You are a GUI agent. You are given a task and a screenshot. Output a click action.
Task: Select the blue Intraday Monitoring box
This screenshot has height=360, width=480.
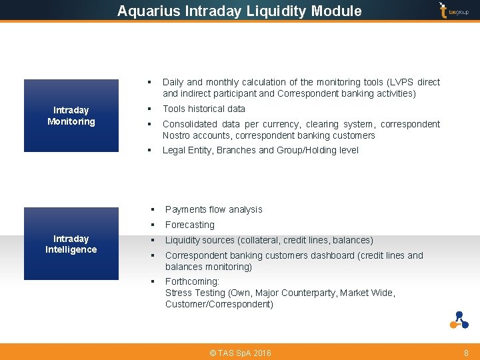coord(71,116)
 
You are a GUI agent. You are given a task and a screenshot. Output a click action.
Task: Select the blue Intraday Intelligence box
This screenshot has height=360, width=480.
coord(71,244)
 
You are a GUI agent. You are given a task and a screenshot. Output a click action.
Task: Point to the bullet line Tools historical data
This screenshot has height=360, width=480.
coord(204,109)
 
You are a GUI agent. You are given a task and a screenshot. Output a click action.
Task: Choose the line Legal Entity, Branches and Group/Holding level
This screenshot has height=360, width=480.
coord(260,150)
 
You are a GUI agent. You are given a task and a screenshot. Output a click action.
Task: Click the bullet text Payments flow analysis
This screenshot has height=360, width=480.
coord(213,209)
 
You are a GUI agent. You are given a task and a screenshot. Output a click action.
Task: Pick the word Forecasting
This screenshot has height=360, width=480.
coord(190,225)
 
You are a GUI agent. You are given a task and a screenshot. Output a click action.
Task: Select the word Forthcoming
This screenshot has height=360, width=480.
coord(192,281)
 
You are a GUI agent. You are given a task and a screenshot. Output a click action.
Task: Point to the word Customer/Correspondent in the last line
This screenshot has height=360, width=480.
coord(219,304)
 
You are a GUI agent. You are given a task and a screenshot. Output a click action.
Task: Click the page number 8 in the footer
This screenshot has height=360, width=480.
coord(466,353)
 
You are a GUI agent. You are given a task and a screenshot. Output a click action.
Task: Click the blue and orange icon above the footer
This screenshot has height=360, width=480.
coord(459,320)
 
